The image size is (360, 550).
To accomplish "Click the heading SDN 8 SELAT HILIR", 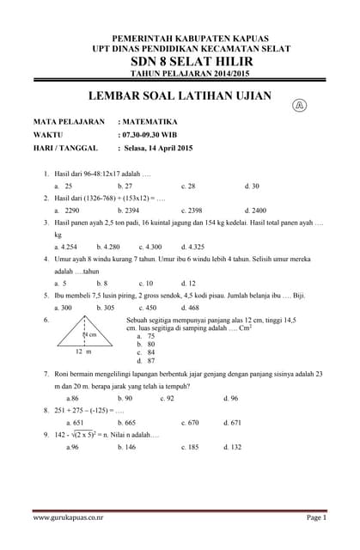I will pyautogui.click(x=180, y=63).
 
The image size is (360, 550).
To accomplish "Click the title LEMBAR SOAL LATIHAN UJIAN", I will pyautogui.click(x=180, y=96).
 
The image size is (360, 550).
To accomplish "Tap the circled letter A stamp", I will pyautogui.click(x=300, y=106).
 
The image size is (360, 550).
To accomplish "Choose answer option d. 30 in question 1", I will pyautogui.click(x=252, y=186).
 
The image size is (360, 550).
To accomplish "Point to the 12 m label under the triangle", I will pyautogui.click(x=82, y=351).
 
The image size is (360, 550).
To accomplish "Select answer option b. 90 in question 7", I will pyautogui.click(x=125, y=398).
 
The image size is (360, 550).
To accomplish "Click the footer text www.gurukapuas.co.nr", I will pyautogui.click(x=69, y=518).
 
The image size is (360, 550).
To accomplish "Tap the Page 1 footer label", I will pyautogui.click(x=316, y=518).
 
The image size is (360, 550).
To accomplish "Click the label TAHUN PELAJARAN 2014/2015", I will pyautogui.click(x=180, y=75).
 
